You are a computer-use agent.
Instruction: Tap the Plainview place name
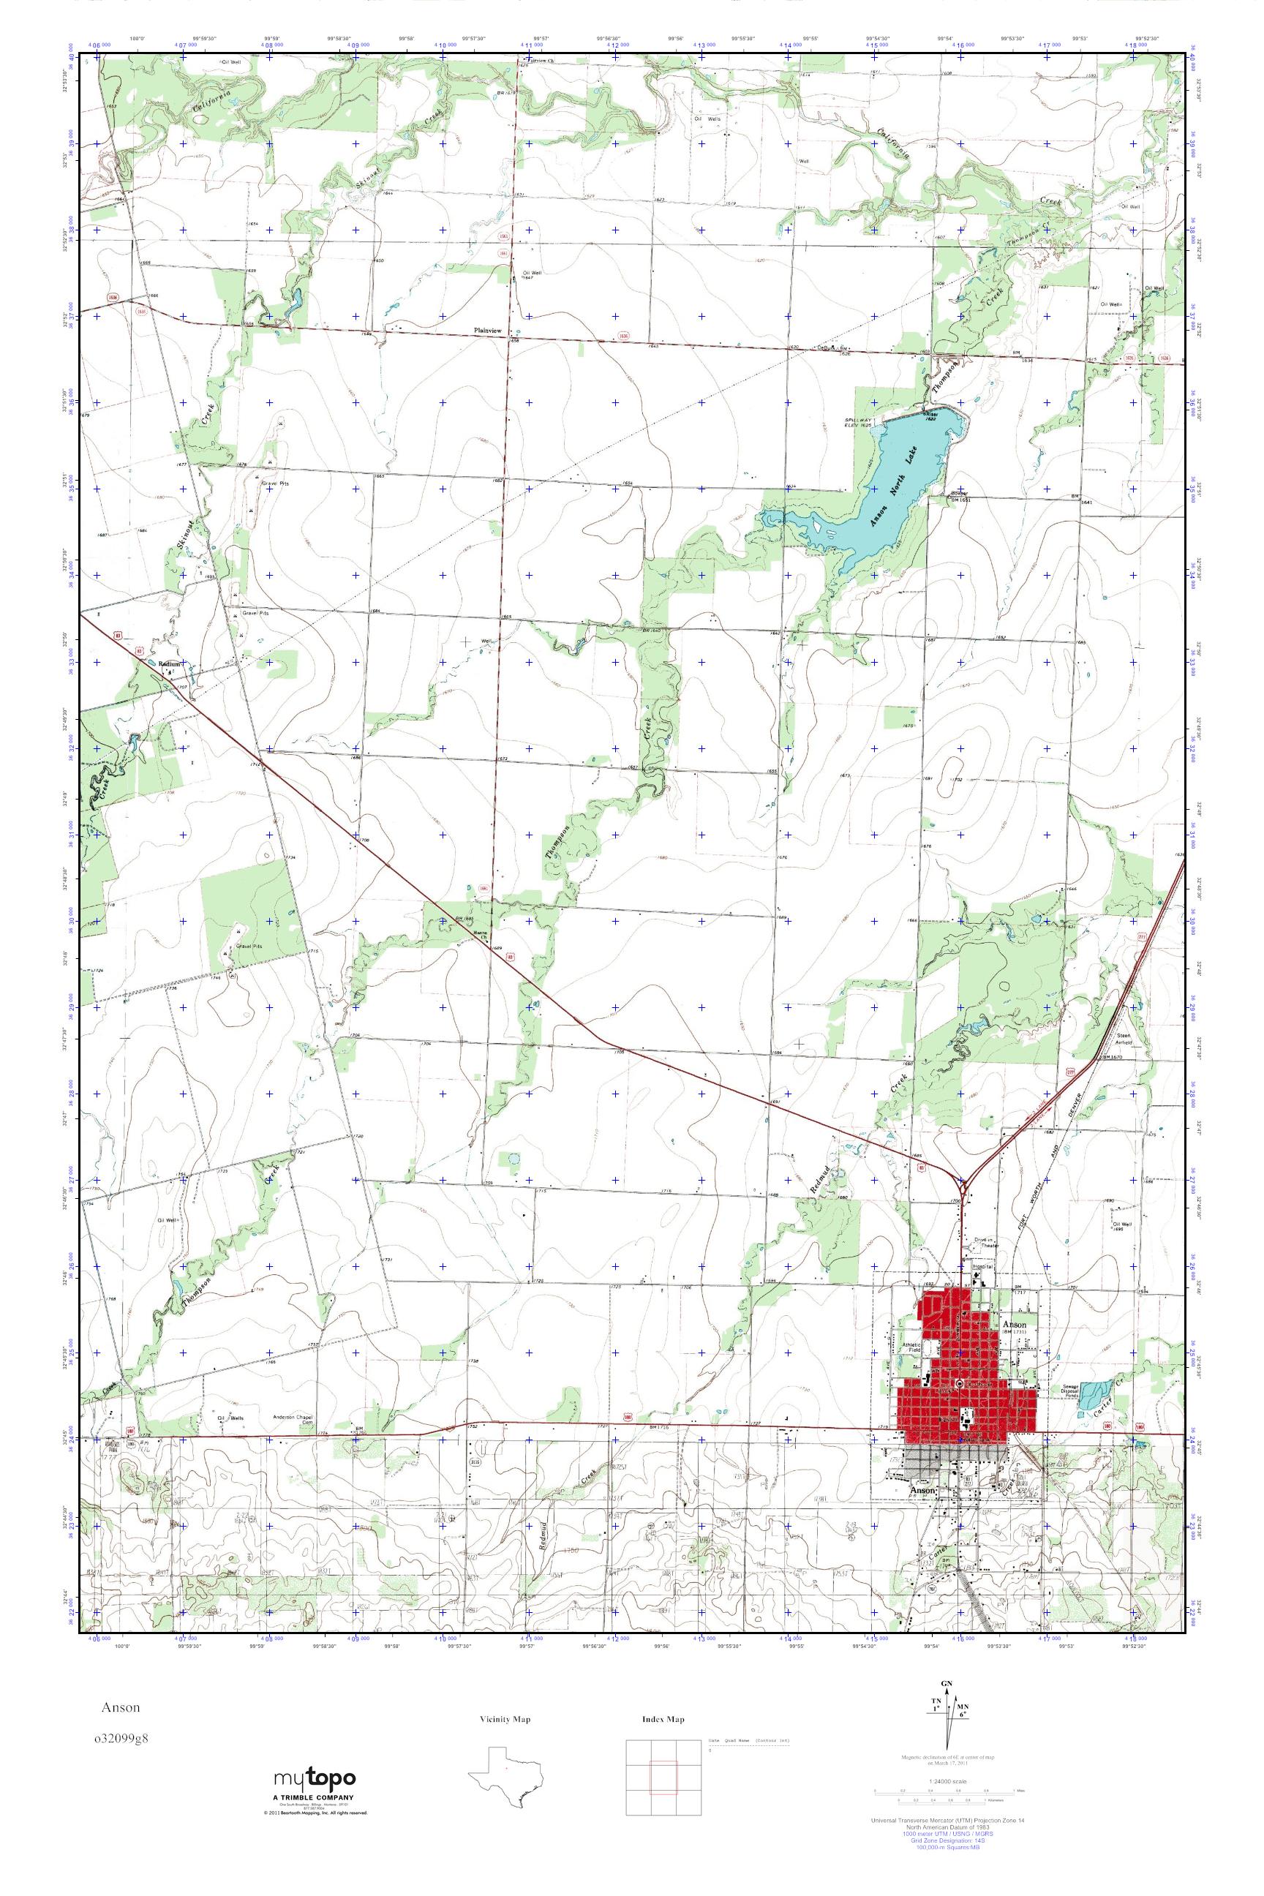pyautogui.click(x=488, y=331)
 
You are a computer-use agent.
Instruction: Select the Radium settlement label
pyautogui.click(x=167, y=664)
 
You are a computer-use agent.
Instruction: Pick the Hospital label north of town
pyautogui.click(x=983, y=1266)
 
